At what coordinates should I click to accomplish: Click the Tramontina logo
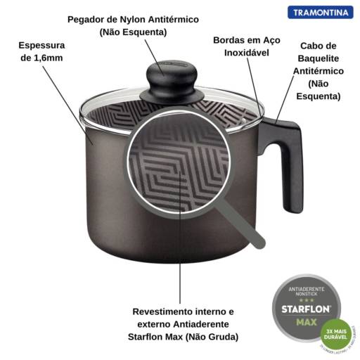point(320,13)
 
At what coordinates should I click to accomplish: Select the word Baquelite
point(318,58)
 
